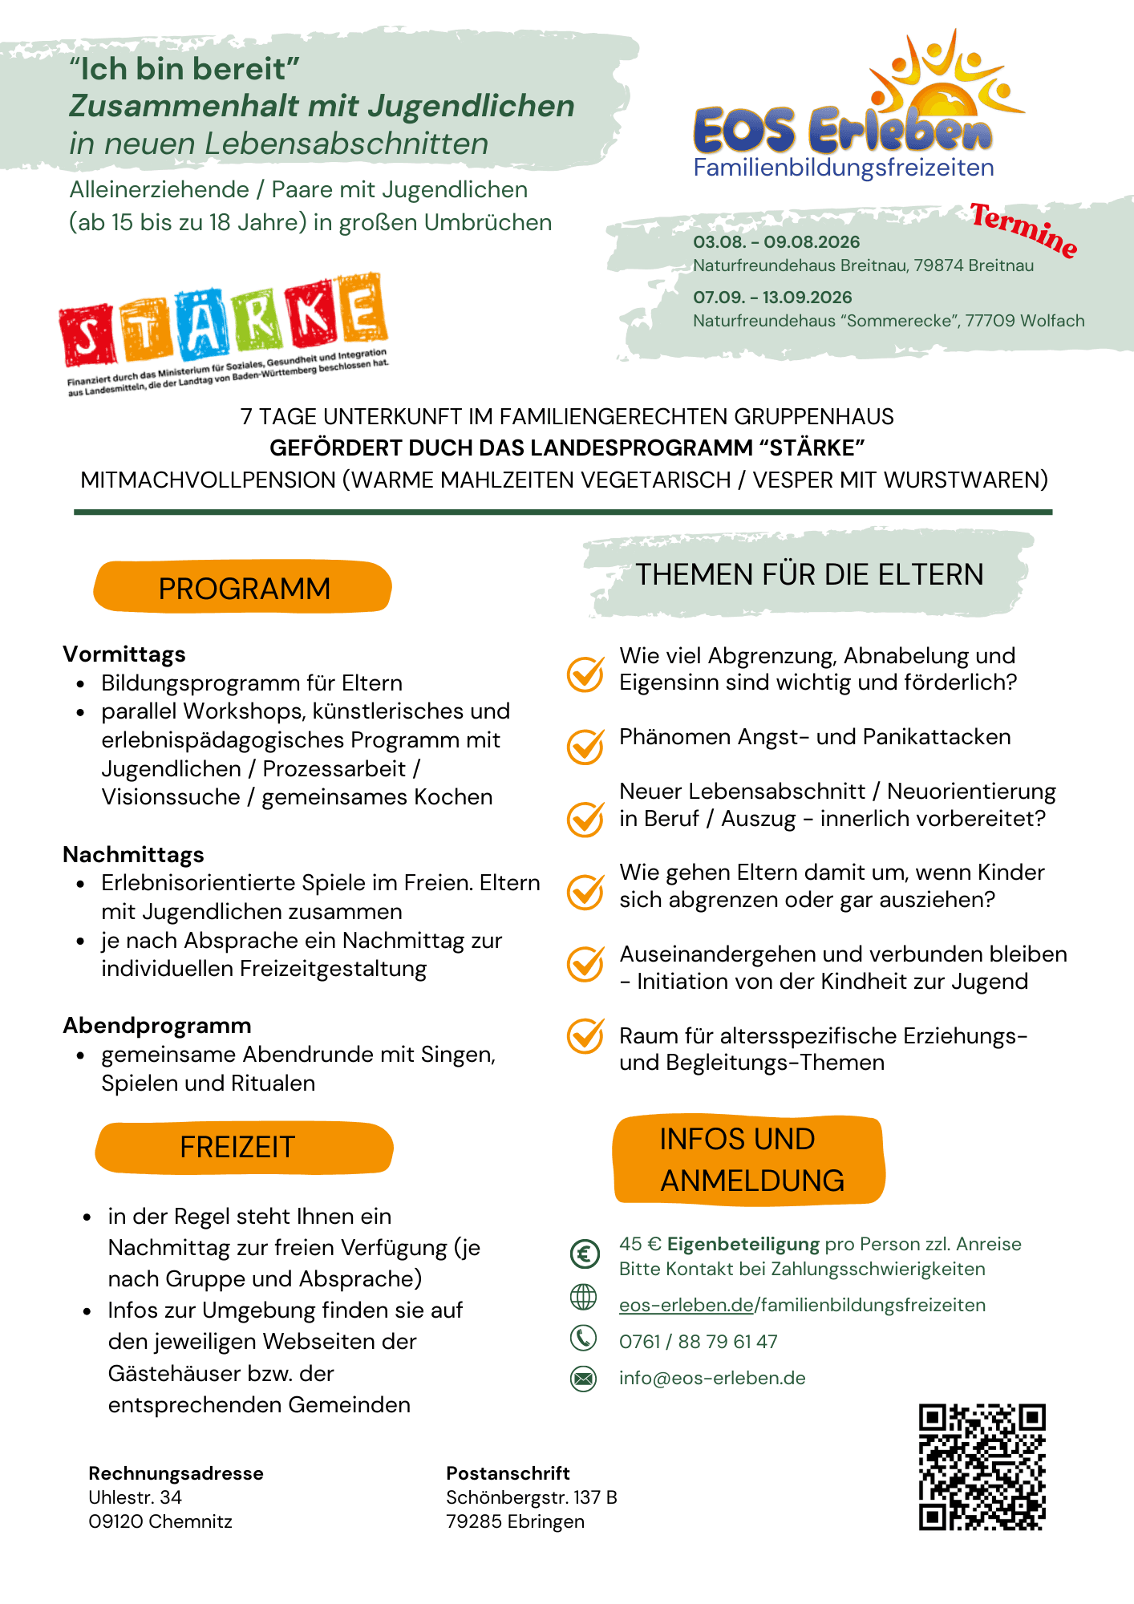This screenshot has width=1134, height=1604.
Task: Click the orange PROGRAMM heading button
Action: point(243,588)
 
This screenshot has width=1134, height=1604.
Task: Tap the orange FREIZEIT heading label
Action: point(243,1148)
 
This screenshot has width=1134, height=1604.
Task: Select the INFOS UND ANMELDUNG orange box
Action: point(749,1160)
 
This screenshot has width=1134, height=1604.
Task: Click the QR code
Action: point(982,1467)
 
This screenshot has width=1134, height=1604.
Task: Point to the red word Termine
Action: point(1023,230)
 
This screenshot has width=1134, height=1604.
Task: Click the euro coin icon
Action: point(585,1254)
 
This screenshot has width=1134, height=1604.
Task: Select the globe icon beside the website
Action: point(583,1297)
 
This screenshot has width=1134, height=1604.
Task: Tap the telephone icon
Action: point(583,1338)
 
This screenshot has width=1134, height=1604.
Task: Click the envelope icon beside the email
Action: point(583,1379)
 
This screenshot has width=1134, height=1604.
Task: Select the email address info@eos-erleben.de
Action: point(712,1379)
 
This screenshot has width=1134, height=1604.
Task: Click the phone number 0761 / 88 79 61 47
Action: point(698,1342)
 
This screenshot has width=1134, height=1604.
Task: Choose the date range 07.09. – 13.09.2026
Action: point(772,298)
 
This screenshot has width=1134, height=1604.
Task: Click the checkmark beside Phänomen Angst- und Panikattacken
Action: point(585,746)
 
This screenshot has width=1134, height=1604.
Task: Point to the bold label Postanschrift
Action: point(508,1473)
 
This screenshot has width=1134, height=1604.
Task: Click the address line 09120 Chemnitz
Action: point(160,1521)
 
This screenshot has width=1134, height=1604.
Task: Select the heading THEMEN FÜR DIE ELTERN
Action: point(809,575)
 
